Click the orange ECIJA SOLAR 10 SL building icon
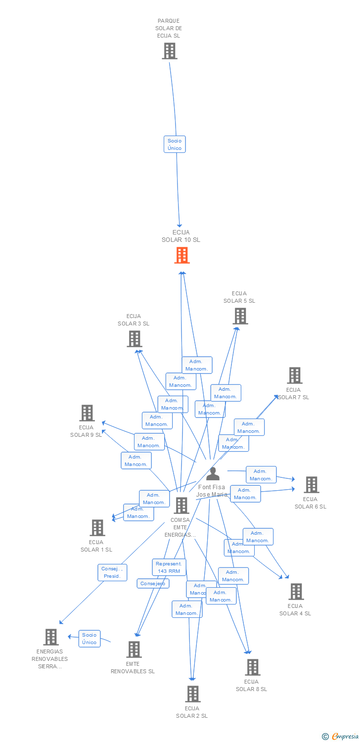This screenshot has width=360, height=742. click(182, 255)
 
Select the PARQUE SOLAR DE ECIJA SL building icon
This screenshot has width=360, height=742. click(169, 51)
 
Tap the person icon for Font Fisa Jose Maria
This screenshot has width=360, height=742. click(213, 474)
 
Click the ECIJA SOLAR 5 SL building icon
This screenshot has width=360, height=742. click(240, 316)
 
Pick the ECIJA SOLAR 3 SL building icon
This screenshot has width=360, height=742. click(134, 339)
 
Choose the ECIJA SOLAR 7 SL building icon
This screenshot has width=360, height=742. click(295, 375)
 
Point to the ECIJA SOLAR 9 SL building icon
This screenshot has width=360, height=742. click(87, 413)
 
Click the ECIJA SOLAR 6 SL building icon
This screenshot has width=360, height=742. click(311, 485)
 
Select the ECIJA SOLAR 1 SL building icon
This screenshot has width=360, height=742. click(97, 528)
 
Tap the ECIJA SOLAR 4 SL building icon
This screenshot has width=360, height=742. click(296, 592)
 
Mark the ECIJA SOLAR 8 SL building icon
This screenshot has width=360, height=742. click(252, 667)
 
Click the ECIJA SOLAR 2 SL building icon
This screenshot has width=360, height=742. click(193, 694)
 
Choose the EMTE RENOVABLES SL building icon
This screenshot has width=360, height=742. click(134, 649)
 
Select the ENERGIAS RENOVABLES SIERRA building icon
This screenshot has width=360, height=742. click(51, 637)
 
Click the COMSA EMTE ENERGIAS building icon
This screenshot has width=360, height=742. click(181, 506)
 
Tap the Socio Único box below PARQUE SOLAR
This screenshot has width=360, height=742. click(175, 144)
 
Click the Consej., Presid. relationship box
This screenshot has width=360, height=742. click(112, 572)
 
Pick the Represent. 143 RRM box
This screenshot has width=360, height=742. click(169, 567)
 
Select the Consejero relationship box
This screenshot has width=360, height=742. click(153, 584)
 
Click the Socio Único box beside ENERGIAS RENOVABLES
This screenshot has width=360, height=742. click(90, 639)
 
